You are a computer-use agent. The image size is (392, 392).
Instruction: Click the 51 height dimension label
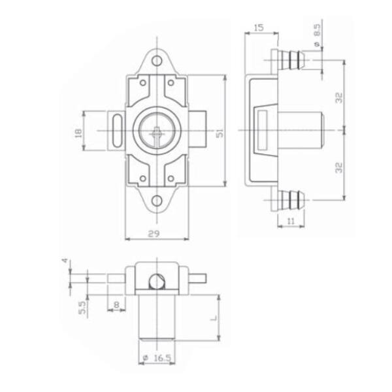220,134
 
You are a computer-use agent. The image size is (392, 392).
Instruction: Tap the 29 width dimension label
154,234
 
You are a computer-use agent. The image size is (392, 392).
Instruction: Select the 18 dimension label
78,133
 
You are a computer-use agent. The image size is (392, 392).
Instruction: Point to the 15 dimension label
259,27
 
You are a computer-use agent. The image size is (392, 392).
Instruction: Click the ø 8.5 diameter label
317,35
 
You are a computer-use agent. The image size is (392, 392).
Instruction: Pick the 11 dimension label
291,221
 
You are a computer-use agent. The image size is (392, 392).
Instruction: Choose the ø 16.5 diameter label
157,358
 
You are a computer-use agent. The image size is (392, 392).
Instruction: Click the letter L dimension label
214,318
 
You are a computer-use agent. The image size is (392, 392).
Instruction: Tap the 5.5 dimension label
82,308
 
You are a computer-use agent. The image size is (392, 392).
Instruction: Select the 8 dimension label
116,304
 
